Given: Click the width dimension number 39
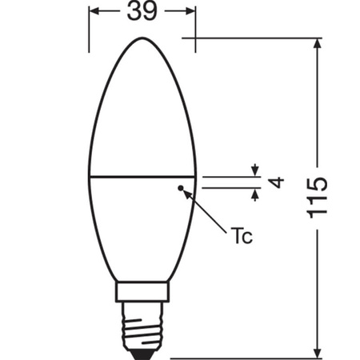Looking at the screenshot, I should (x=141, y=14).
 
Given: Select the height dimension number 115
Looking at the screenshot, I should (x=318, y=197).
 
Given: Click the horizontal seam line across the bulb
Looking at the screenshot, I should (x=141, y=175).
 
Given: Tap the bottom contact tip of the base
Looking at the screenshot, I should (x=141, y=352).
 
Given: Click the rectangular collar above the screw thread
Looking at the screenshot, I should (x=141, y=292).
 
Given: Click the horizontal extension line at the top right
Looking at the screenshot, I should (x=256, y=38).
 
